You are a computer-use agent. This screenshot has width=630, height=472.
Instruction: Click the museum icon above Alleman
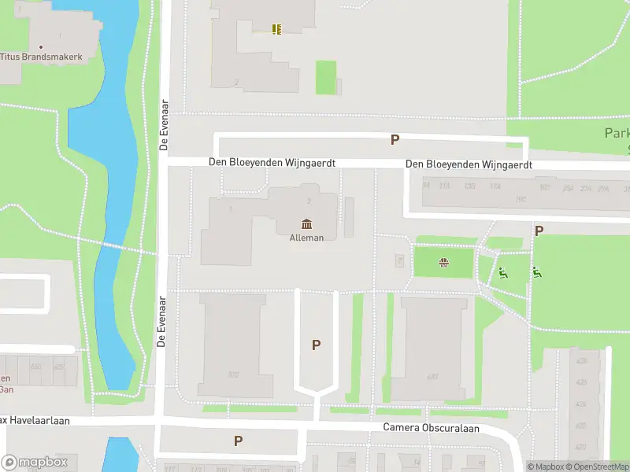(306, 225)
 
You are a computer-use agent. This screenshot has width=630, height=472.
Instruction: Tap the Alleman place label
(307, 238)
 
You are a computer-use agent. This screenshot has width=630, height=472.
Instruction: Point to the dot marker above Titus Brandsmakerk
(41, 46)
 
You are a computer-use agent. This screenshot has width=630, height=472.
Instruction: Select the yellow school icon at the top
(276, 29)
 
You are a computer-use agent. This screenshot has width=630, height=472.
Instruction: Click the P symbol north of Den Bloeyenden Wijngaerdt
(395, 140)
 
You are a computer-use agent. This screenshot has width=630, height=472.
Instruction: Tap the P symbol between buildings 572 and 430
(317, 345)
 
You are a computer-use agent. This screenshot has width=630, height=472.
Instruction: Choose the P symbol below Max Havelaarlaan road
(238, 441)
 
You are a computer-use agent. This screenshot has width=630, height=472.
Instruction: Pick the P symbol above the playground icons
(539, 231)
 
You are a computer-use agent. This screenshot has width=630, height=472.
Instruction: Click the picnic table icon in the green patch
(444, 264)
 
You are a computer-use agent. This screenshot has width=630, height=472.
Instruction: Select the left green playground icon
(502, 274)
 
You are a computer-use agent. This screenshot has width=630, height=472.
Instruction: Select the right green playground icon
(536, 273)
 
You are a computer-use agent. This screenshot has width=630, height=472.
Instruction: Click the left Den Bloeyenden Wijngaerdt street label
(272, 163)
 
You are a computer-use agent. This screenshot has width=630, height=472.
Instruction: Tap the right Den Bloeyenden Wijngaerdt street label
(469, 165)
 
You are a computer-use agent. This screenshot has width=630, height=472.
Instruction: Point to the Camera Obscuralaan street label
(431, 428)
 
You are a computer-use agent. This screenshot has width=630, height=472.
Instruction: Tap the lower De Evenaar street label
(161, 321)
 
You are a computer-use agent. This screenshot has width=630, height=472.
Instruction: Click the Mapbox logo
(35, 463)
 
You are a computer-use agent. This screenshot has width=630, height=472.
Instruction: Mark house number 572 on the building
(233, 374)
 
